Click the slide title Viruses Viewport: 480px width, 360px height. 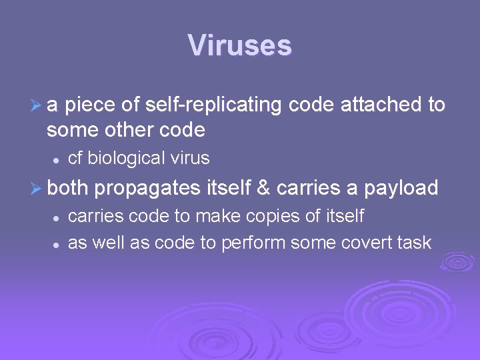pos(239,46)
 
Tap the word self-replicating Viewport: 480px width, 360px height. pos(216,105)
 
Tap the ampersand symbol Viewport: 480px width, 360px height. pos(263,189)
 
